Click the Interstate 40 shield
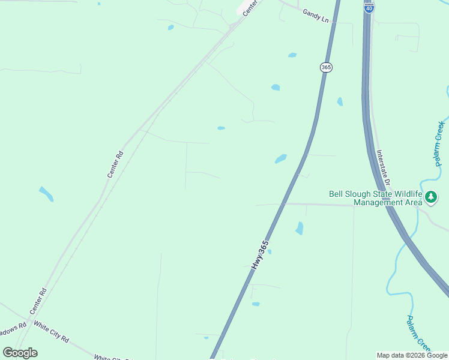coord(369,7)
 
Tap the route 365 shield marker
coord(326,67)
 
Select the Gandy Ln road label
coord(316,16)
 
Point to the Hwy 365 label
coord(259,254)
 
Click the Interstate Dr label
coord(384,167)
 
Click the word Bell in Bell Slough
coord(337,194)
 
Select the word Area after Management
coord(412,202)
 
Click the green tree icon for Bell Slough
coord(431,197)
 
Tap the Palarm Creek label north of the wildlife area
coord(440,144)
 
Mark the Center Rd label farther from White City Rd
coord(115,164)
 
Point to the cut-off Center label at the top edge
coord(252,7)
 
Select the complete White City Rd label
coord(51,331)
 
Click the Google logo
coord(20,353)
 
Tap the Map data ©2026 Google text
coord(412,355)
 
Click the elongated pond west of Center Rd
coord(46,194)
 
